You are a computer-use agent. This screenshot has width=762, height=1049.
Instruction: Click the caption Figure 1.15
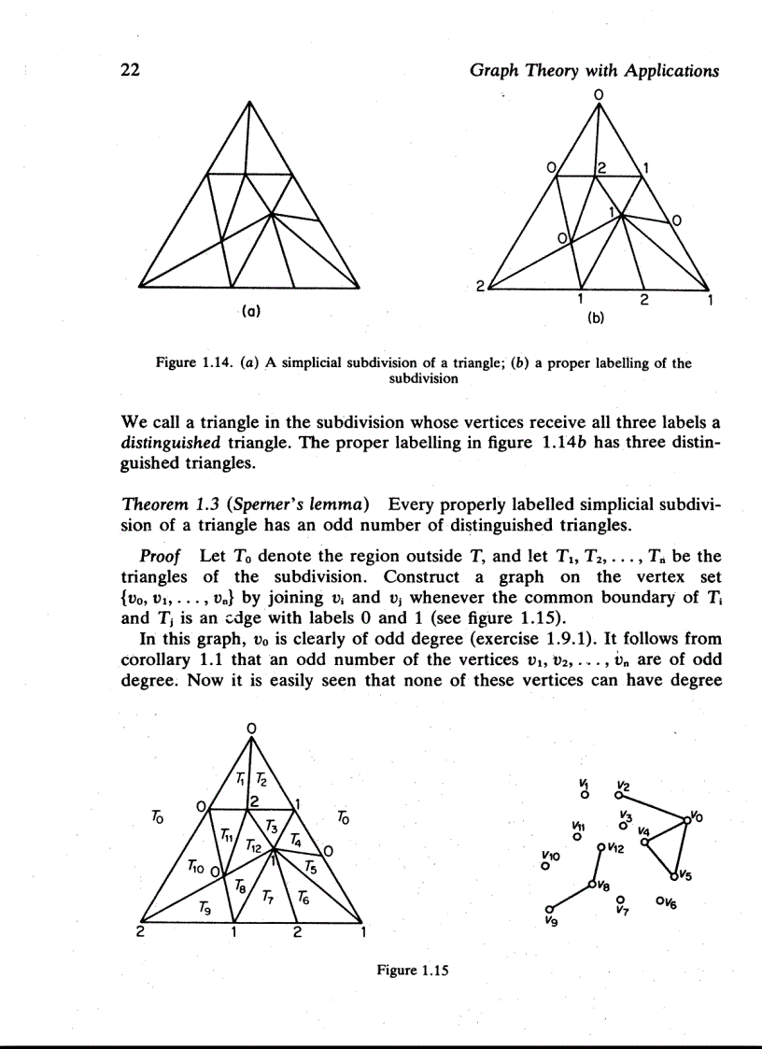[x=408, y=970]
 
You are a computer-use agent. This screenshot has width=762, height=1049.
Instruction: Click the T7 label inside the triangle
[x=267, y=900]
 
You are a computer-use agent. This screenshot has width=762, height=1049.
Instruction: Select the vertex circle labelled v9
[x=550, y=908]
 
